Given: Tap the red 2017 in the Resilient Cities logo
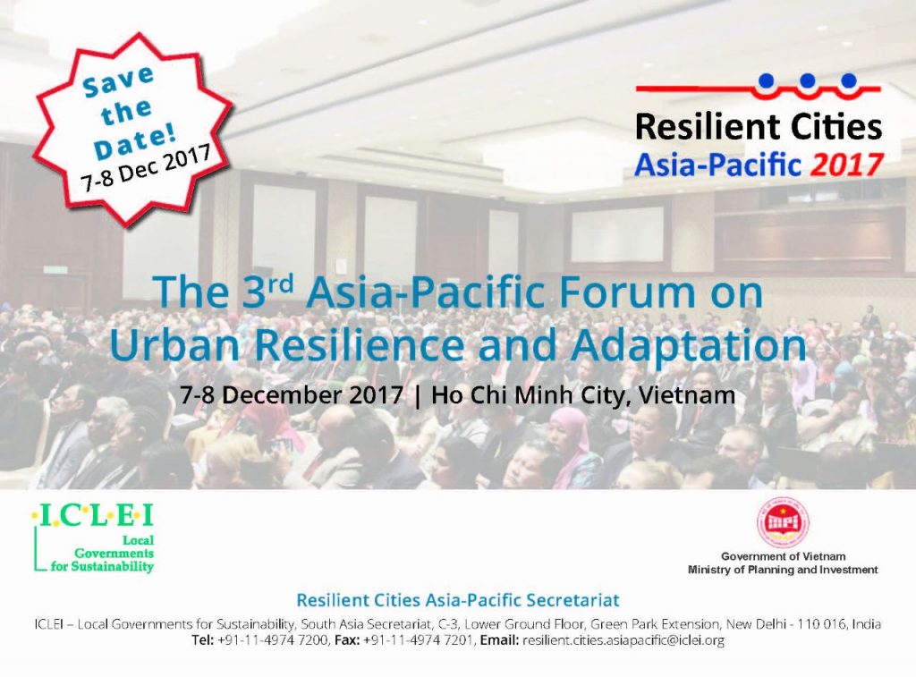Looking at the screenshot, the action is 846,165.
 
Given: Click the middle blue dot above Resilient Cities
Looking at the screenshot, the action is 808,80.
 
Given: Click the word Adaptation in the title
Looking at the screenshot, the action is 689,346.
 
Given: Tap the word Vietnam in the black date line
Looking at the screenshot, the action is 687,395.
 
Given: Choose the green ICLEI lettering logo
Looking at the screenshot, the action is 93,516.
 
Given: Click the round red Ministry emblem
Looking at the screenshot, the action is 783,522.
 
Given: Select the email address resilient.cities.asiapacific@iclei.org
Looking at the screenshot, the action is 623,641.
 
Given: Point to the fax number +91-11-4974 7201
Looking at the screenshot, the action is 418,641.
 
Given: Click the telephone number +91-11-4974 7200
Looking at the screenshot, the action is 272,641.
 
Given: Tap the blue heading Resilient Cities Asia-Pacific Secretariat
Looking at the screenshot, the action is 457,600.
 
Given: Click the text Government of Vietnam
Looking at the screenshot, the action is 783,556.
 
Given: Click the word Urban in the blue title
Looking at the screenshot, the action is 174,346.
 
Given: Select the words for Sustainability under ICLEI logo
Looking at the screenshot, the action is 102,567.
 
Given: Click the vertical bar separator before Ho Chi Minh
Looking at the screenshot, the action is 417,395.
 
